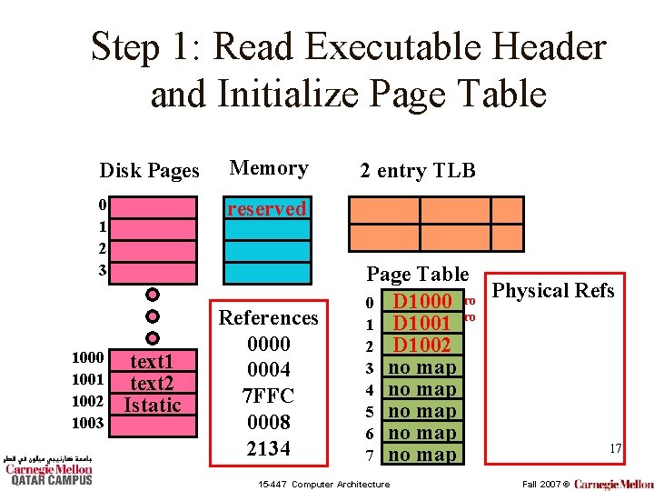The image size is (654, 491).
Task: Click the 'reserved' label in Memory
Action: [267, 209]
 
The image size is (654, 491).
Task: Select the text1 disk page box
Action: [153, 361]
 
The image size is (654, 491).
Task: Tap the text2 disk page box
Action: [153, 383]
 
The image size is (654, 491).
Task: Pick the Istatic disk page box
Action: [153, 405]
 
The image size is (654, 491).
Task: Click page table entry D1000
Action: [422, 301]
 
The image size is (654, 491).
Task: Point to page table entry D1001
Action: [422, 323]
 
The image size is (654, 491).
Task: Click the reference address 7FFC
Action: [268, 396]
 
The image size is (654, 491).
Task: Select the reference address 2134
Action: [268, 448]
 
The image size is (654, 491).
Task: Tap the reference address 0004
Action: [268, 370]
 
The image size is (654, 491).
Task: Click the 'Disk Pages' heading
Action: [149, 171]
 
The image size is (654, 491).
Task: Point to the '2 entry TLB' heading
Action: [417, 170]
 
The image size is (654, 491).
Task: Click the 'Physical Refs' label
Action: [552, 291]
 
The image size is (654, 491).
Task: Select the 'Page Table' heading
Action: [417, 274]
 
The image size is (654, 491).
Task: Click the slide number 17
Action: [615, 448]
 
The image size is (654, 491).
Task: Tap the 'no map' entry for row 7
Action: [422, 455]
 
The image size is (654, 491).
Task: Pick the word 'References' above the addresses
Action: [269, 317]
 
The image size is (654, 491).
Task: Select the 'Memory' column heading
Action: [269, 168]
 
